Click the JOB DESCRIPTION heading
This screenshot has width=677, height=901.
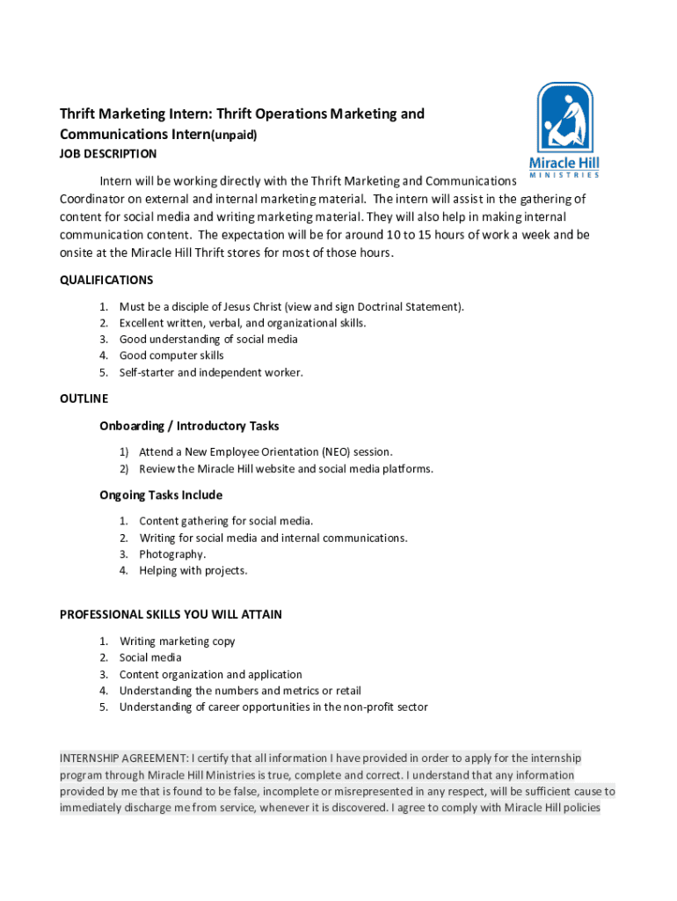108,154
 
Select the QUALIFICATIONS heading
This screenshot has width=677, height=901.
106,280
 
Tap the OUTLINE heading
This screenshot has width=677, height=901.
84,399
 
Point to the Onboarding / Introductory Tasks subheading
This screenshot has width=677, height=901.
189,426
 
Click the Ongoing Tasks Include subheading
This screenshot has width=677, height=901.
161,494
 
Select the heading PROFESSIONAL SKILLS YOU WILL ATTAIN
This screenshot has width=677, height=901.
171,614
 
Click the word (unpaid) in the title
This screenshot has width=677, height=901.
232,136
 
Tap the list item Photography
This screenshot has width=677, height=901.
172,554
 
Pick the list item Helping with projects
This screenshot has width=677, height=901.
193,570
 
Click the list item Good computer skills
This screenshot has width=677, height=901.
171,355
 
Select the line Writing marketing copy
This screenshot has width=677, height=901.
178,641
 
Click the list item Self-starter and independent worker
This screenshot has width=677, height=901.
211,372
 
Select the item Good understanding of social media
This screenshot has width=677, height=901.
208,339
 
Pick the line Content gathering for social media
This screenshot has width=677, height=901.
226,521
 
